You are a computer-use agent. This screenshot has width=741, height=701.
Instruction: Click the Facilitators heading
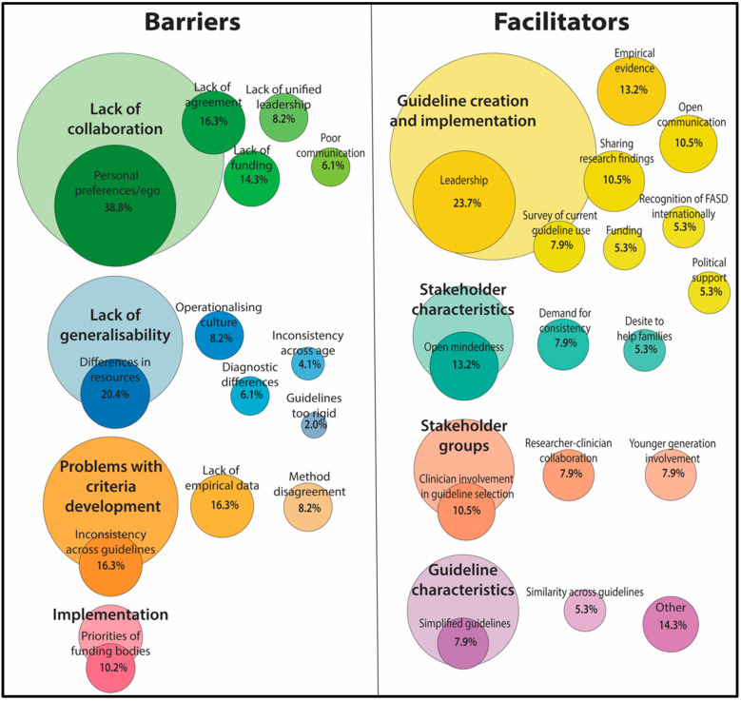[x=562, y=23]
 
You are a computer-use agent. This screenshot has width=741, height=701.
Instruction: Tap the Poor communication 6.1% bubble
[x=330, y=166]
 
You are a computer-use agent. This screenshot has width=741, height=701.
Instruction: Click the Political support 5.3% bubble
[x=710, y=291]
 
